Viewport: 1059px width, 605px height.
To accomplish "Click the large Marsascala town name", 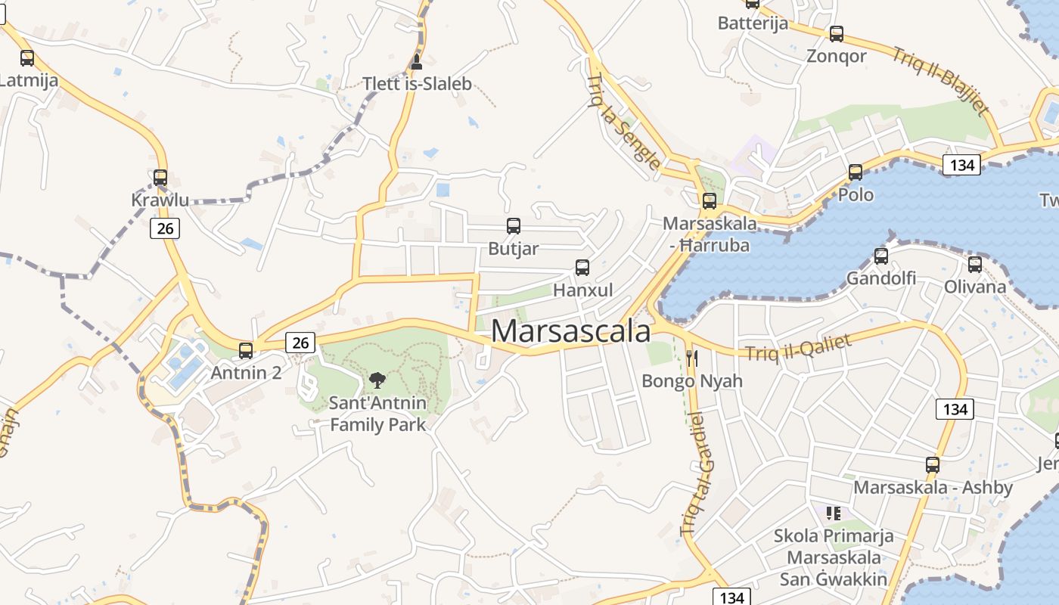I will [x=571, y=332].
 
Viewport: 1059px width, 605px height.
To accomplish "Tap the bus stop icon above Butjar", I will [x=514, y=225].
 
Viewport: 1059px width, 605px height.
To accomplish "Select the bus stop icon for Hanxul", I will [x=582, y=267].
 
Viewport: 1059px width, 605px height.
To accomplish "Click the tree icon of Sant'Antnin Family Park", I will [x=377, y=380].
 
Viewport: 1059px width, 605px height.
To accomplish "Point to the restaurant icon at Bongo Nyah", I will [x=692, y=358].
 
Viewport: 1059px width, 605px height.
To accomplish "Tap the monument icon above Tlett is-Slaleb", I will [x=416, y=62].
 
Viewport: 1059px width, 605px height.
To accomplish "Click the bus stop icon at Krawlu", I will [x=160, y=178].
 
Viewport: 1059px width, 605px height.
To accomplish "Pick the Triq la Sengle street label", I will [x=623, y=121].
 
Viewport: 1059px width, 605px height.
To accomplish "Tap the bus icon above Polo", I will [x=856, y=172].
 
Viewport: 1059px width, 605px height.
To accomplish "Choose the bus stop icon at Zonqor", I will [x=837, y=34].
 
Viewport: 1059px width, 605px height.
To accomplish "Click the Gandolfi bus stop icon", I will [x=881, y=256].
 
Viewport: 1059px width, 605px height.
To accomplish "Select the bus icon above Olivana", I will [x=975, y=265].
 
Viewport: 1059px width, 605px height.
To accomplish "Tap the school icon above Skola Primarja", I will [x=834, y=513].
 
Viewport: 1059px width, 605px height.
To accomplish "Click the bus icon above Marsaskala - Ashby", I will [x=933, y=465].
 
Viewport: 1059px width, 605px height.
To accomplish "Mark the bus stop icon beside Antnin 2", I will [x=246, y=350].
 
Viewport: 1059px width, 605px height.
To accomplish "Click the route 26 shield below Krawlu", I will [x=164, y=228].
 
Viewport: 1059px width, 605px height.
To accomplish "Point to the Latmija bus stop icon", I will [x=27, y=57].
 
